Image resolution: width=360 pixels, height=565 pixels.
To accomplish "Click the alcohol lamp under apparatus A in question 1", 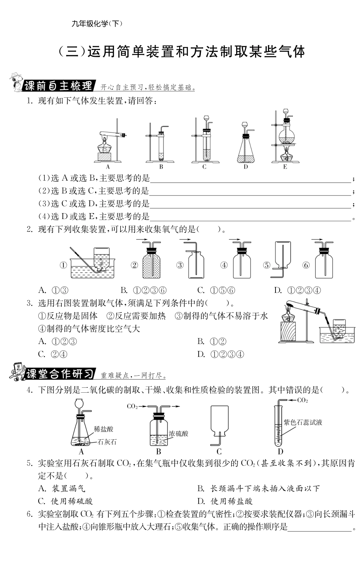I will tap(104, 146).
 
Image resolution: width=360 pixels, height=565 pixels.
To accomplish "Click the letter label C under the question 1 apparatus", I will tap(204, 167).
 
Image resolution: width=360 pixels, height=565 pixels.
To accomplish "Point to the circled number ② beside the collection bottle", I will tap(134, 265).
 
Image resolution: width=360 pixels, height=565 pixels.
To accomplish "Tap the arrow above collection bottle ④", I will tap(235, 240).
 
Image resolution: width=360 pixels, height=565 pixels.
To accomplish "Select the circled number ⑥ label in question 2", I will tap(306, 265).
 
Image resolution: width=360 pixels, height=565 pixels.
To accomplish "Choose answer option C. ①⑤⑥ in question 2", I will tap(216, 290).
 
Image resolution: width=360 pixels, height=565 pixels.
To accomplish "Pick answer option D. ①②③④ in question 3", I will tap(221, 354).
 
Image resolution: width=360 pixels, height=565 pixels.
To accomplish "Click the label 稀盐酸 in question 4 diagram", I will tap(103, 429).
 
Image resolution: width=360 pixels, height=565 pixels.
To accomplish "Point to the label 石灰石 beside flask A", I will tap(107, 442).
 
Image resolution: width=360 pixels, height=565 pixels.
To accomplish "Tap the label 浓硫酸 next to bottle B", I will tap(178, 434).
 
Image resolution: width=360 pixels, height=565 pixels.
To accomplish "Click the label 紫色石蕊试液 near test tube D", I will tap(303, 422).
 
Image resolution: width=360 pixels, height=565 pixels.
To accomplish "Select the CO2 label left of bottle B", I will tap(132, 406).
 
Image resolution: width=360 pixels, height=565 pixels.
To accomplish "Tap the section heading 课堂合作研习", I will tap(59, 374).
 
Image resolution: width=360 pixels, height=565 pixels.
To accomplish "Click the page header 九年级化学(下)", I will tap(97, 23).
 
